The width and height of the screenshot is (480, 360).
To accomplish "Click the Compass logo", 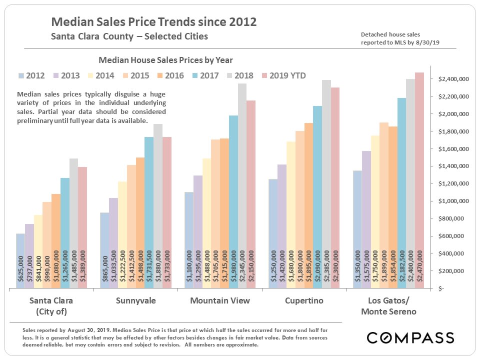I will (x=410, y=337).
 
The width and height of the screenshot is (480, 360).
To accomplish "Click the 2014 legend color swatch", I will (x=105, y=76).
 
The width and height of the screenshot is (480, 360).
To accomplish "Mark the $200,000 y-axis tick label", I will (x=454, y=271).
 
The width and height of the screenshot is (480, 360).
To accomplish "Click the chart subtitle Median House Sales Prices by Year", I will (x=165, y=60).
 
